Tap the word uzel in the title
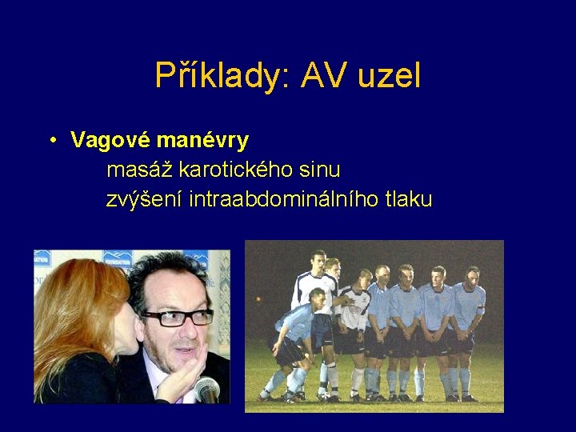390,76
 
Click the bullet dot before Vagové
50,142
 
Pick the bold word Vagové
110,141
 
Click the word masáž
140,170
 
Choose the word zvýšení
145,199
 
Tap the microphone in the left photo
206,390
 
